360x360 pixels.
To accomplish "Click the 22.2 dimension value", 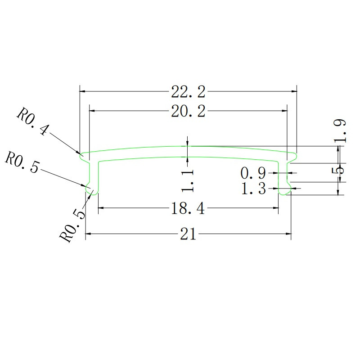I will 188,92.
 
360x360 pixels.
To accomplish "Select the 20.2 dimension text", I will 188,111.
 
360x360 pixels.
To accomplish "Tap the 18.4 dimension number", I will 188,208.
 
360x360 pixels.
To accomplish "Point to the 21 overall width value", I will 188,234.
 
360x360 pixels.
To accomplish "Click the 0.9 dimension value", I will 253,172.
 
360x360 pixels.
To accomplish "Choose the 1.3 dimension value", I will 253,189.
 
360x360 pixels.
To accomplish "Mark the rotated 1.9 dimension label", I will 340,130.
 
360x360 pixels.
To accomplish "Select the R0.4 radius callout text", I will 32,121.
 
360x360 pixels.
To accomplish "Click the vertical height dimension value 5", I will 341,170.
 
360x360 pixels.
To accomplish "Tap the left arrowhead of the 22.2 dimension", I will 82,91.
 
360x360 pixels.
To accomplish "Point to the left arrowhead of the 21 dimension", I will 88,234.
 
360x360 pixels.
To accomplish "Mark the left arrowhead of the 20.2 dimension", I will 92,110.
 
